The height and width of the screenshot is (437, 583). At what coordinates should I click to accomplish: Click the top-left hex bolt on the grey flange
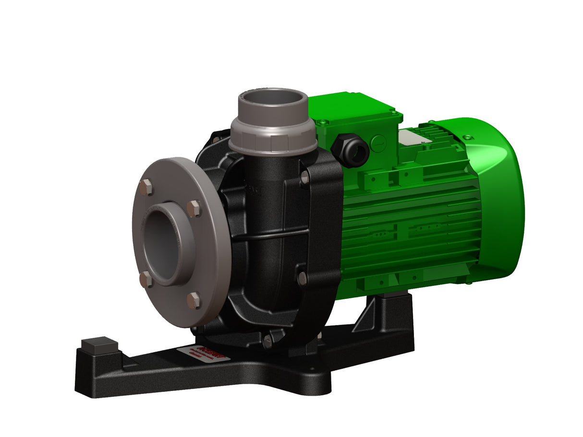pos(147,187)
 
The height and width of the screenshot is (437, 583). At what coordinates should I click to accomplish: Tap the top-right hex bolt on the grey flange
pos(194,209)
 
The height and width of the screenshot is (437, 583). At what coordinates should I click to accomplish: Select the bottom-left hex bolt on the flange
pos(146,279)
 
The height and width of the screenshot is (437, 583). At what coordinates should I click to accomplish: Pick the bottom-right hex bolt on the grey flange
pos(194,300)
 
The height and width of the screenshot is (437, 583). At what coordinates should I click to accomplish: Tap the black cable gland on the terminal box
pos(350,150)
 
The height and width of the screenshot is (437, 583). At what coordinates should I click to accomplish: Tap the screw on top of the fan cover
pos(466,137)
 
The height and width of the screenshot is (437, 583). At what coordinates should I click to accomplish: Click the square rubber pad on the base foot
pos(99,345)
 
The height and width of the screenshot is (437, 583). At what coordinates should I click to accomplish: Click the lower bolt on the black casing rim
pos(302,278)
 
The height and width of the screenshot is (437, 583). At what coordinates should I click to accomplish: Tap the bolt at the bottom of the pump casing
pos(267,342)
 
